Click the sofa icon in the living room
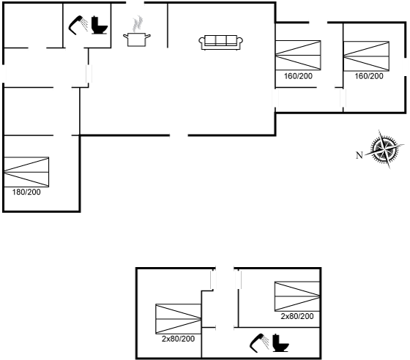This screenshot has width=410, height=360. click(x=220, y=42)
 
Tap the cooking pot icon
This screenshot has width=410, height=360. click(x=136, y=40)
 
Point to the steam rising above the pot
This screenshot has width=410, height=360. click(x=138, y=23)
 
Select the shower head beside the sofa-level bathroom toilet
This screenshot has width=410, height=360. click(x=78, y=25)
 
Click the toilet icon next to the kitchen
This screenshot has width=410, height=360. click(x=100, y=25)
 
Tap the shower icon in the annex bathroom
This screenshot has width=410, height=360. click(x=259, y=342)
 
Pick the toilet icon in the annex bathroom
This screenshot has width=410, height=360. click(x=281, y=342)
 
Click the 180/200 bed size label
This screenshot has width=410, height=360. click(x=26, y=192)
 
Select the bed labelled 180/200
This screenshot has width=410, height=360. click(x=26, y=172)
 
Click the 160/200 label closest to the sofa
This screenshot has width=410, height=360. click(x=299, y=76)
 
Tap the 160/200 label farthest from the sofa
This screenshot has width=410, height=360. click(x=369, y=76)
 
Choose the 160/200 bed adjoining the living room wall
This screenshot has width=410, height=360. click(x=298, y=55)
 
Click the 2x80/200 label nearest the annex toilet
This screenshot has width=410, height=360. click(x=297, y=316)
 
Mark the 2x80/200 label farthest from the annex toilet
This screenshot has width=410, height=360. click(x=179, y=339)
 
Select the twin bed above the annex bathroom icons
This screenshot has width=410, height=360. click(x=297, y=296)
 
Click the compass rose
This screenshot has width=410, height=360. click(x=384, y=149)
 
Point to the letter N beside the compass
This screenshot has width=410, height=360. click(x=359, y=155)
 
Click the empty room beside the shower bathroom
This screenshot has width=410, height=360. click(x=33, y=26)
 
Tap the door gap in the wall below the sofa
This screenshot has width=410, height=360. click(x=179, y=135)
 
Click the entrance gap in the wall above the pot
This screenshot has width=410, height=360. click(x=135, y=3)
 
